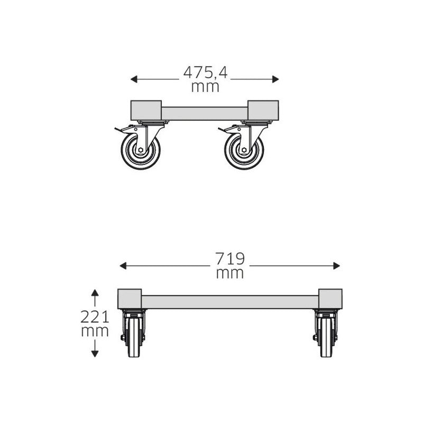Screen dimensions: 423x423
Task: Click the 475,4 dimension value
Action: (205, 72)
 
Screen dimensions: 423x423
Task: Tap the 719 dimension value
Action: (230, 259)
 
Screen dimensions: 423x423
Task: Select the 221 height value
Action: (95, 317)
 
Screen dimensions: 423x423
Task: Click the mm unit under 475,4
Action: (205, 87)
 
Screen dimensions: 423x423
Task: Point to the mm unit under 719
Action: (230, 273)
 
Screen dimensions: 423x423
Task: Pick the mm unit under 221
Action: (95, 332)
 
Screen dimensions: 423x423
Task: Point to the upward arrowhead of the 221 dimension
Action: (95, 292)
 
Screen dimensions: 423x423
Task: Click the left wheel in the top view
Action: (140, 150)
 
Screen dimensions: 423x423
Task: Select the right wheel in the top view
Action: (244, 150)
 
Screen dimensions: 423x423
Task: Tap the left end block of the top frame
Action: (146, 110)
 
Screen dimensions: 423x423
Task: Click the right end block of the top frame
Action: (263, 110)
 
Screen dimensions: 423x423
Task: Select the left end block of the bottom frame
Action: (130, 299)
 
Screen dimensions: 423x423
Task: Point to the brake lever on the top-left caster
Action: (121, 129)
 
